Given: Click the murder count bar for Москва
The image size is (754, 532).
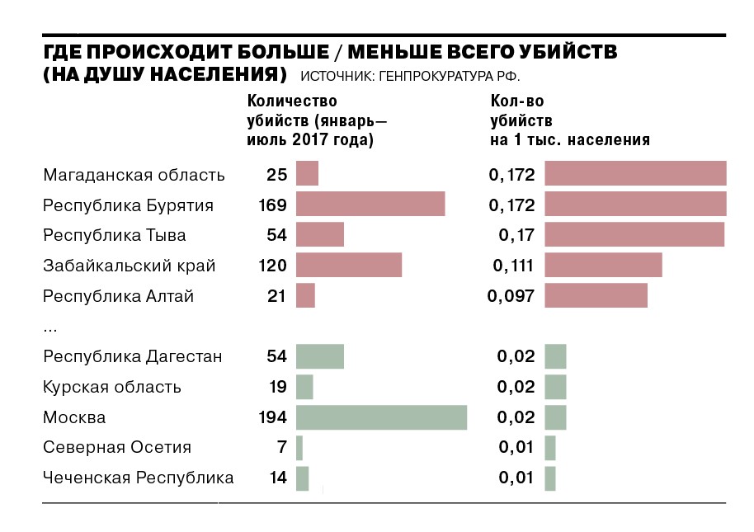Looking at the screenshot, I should tap(381, 417).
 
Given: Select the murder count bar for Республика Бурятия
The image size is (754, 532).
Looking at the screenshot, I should tap(370, 205).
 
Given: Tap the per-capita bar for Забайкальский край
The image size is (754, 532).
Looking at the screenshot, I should tap(603, 266).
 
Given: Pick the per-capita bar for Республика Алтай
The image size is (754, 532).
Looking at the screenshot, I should tap(596, 295).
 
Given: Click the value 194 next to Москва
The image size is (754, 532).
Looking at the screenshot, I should tap(272, 417).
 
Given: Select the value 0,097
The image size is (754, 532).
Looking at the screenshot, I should tap(511, 295).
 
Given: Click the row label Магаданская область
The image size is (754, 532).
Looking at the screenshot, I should tap(134, 175).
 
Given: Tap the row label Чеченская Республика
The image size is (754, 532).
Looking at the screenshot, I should tap(138, 478).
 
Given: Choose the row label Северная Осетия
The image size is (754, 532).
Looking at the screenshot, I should tap(117, 448).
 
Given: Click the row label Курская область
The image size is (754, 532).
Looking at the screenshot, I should tap(112, 387).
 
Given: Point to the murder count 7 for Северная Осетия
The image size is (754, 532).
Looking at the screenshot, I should tap(281, 448).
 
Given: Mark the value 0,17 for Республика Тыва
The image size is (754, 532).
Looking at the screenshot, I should tap(517, 235).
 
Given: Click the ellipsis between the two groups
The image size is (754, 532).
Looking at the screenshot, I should tap(50, 328).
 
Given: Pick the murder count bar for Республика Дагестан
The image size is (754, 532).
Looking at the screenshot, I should tap(319, 356).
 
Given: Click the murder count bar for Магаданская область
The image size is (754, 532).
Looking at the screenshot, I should tap(307, 175).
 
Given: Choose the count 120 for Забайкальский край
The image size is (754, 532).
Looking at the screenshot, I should tap(272, 266).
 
